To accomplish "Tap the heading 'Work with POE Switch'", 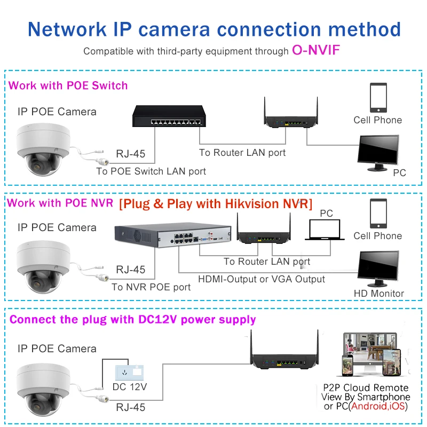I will [68, 85].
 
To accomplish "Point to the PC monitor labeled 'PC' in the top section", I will [378, 153].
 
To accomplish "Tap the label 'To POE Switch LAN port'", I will [151, 171].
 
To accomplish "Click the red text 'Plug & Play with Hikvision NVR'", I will [216, 204].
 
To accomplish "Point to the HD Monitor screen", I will [378, 268].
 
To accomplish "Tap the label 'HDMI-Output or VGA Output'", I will [262, 279].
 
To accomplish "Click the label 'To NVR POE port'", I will [151, 287].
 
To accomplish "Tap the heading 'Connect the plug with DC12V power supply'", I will [133, 320].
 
